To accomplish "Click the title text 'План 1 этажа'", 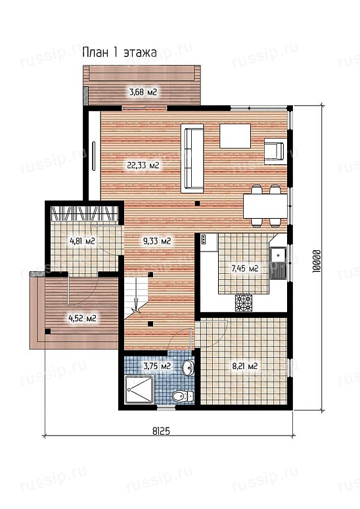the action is pyautogui.click(x=120, y=53).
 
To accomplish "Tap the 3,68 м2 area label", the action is pyautogui.click(x=143, y=92).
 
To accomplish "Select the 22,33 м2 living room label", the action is pyautogui.click(x=143, y=166).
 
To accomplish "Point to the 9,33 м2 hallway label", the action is pyautogui.click(x=157, y=241).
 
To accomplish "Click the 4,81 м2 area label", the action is pyautogui.click(x=82, y=241).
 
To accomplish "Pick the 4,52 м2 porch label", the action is pyautogui.click(x=83, y=319).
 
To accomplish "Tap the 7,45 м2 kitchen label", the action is pyautogui.click(x=245, y=269).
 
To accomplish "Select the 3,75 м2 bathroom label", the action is pyautogui.click(x=157, y=366).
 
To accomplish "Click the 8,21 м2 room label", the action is pyautogui.click(x=245, y=366).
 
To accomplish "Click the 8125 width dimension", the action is pyautogui.click(x=161, y=431).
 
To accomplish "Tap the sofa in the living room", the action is pyautogui.click(x=192, y=158).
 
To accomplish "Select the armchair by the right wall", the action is pyautogui.click(x=275, y=151).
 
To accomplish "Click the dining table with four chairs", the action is pyautogui.click(x=265, y=206).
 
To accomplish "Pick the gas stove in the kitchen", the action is pyautogui.click(x=244, y=303).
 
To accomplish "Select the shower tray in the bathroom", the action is pyautogui.click(x=139, y=389).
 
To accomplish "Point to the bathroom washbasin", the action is pyautogui.click(x=188, y=368).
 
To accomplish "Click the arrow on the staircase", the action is pyautogui.click(x=137, y=300).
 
